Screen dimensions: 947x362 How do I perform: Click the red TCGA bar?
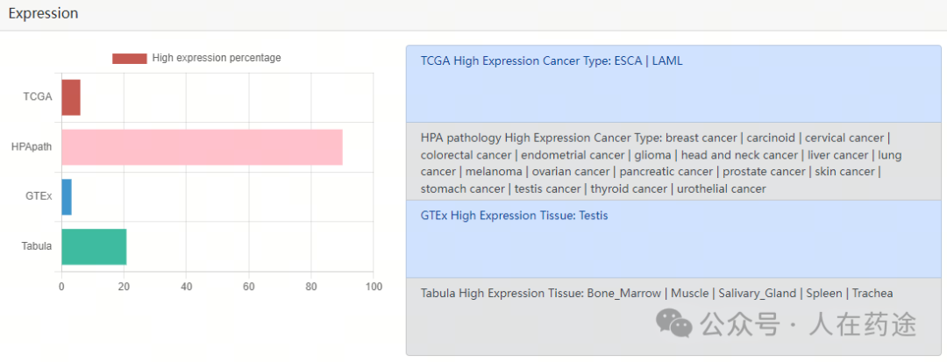[x=71, y=97]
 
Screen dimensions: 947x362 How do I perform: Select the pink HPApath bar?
[x=202, y=146]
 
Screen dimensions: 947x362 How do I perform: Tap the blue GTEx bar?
[x=67, y=196]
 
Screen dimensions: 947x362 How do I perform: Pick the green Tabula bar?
[x=94, y=246]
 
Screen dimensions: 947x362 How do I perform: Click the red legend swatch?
[x=129, y=59]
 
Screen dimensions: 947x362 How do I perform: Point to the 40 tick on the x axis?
[x=186, y=287]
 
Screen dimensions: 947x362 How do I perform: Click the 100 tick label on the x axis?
[x=374, y=287]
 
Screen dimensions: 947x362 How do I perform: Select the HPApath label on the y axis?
[x=31, y=146]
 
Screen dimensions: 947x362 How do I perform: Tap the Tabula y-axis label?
[x=37, y=246]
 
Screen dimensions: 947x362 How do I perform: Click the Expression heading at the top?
[x=43, y=13]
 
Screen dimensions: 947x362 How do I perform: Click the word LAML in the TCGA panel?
[x=667, y=61]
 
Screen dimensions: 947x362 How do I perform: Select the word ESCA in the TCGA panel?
[x=628, y=61]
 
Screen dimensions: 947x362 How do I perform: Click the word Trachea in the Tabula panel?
[x=872, y=294]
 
